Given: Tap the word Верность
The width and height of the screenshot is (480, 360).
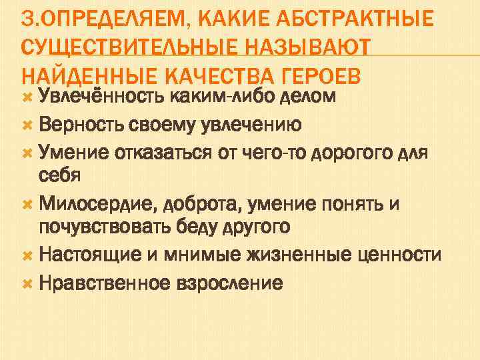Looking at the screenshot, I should pos(76,125).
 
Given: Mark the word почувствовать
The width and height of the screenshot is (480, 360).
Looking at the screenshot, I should pos(109,227).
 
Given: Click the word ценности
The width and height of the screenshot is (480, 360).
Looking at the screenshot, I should pos(399,254).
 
